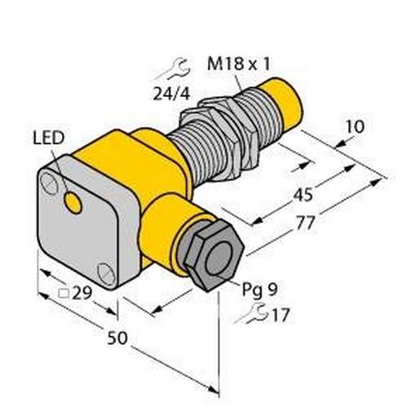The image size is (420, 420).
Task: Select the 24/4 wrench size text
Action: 169,91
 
